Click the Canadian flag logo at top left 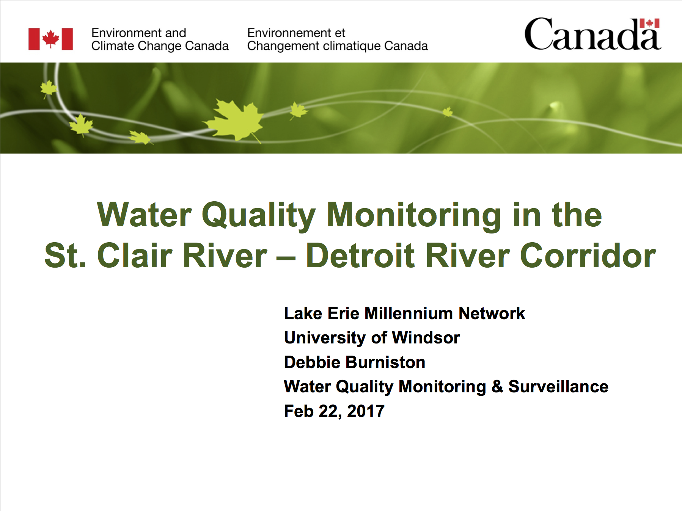click(50, 39)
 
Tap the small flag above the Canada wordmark click(649, 23)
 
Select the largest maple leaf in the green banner click(234, 120)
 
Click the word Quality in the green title click(259, 216)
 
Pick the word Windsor click(426, 338)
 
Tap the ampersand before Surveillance click(497, 387)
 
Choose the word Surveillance click(558, 387)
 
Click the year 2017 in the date click(366, 411)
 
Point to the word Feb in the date click(299, 411)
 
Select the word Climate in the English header click(113, 46)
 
